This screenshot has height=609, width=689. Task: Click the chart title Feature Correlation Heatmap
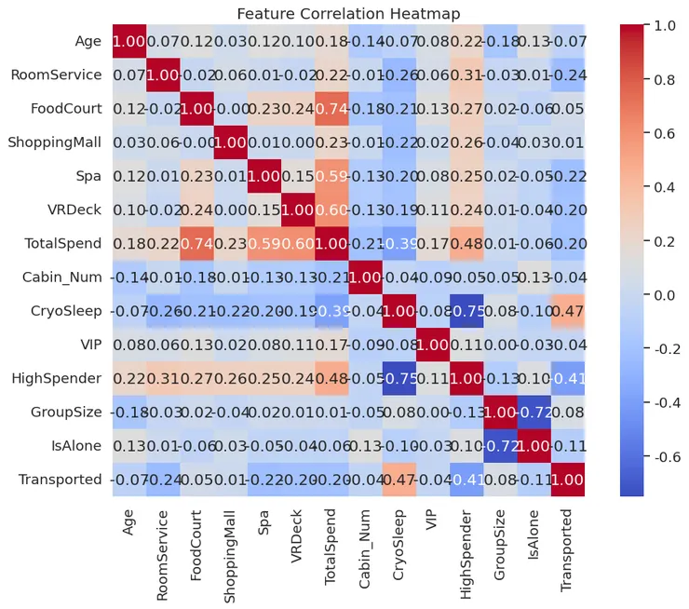(x=348, y=14)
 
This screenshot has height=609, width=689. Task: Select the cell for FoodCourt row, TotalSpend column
(x=331, y=109)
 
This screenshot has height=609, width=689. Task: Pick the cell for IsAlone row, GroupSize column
(x=499, y=445)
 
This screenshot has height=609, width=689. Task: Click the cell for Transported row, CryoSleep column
(x=399, y=479)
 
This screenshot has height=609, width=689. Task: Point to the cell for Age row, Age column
(x=129, y=42)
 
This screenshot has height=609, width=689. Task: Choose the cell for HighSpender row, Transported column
(x=566, y=378)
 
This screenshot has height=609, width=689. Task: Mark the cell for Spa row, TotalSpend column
(x=331, y=176)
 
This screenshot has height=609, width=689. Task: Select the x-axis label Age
(x=129, y=521)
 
